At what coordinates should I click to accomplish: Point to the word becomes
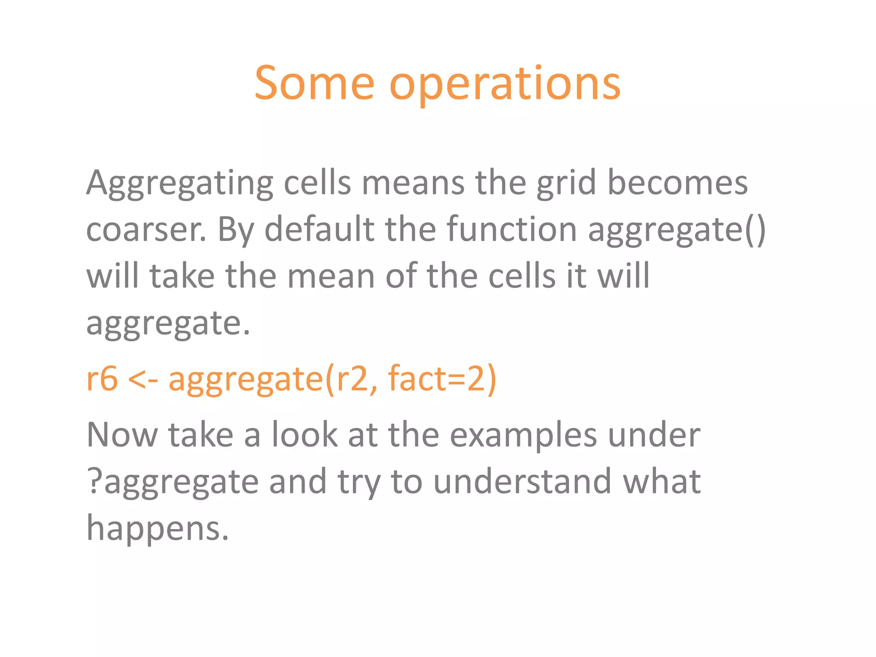[x=678, y=183]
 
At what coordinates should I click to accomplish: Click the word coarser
[x=146, y=230]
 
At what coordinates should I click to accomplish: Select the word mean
[x=331, y=276]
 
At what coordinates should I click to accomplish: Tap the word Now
[x=122, y=435]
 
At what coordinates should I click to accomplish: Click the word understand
[x=522, y=482]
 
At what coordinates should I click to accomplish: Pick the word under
[x=654, y=435]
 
